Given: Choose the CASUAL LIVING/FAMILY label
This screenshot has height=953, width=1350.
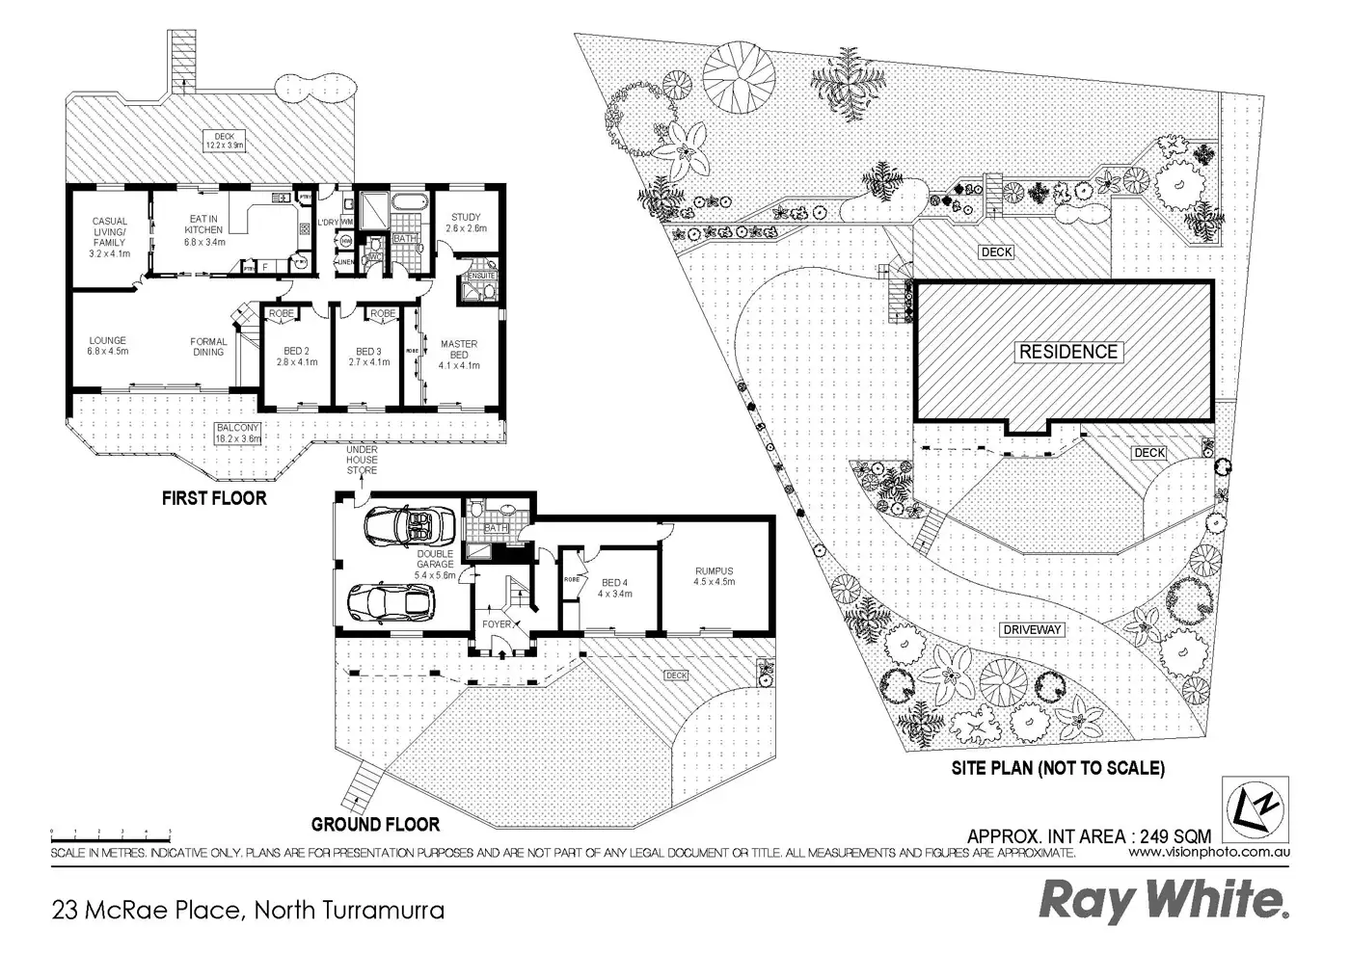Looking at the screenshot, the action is [x=109, y=231].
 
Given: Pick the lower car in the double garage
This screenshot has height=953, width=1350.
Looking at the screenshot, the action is [x=391, y=603].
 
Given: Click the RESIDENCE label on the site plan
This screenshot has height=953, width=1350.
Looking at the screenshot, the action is [x=1068, y=352].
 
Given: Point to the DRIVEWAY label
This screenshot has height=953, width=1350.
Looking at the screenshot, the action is [x=1031, y=629].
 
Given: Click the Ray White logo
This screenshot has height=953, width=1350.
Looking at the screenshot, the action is [x=1163, y=901].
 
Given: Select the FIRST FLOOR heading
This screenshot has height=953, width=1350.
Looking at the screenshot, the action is [x=213, y=498].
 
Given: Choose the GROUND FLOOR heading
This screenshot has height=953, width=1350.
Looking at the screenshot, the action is [x=375, y=824].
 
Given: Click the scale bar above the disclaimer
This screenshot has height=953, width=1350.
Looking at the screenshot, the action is [x=111, y=833].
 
